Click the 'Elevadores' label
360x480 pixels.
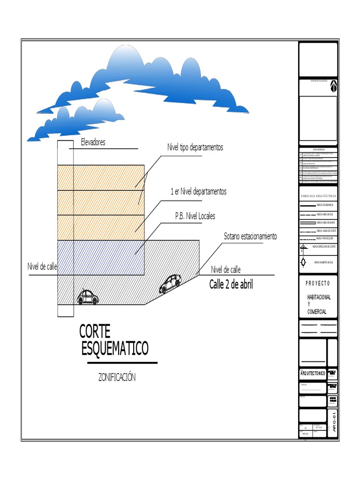pyautogui.click(x=93, y=142)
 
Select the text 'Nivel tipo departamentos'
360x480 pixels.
pyautogui.click(x=195, y=147)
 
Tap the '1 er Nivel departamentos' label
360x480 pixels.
pyautogui.click(x=199, y=192)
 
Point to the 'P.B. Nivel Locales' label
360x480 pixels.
pyautogui.click(x=195, y=216)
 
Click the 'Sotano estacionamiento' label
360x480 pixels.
pyautogui.click(x=250, y=236)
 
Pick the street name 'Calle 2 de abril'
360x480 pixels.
pyautogui.click(x=231, y=284)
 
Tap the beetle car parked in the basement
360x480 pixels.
pyautogui.click(x=87, y=297)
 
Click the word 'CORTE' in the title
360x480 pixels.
pyautogui.click(x=95, y=331)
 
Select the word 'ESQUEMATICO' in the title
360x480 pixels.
pyautogui.click(x=115, y=348)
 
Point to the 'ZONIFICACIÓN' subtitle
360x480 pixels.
pyautogui.click(x=117, y=377)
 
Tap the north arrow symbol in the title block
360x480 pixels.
pyautogui.click(x=333, y=86)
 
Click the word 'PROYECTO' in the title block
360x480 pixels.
pyautogui.click(x=318, y=283)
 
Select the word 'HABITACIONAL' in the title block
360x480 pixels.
pyautogui.click(x=319, y=298)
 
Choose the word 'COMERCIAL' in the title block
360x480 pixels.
pyautogui.click(x=317, y=312)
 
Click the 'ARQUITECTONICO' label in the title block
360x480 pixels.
pyautogui.click(x=313, y=373)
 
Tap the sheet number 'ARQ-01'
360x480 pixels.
pyautogui.click(x=333, y=422)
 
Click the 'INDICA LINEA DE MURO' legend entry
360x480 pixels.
pyautogui.click(x=326, y=222)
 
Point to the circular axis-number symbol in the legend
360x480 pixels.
pyautogui.click(x=304, y=263)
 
